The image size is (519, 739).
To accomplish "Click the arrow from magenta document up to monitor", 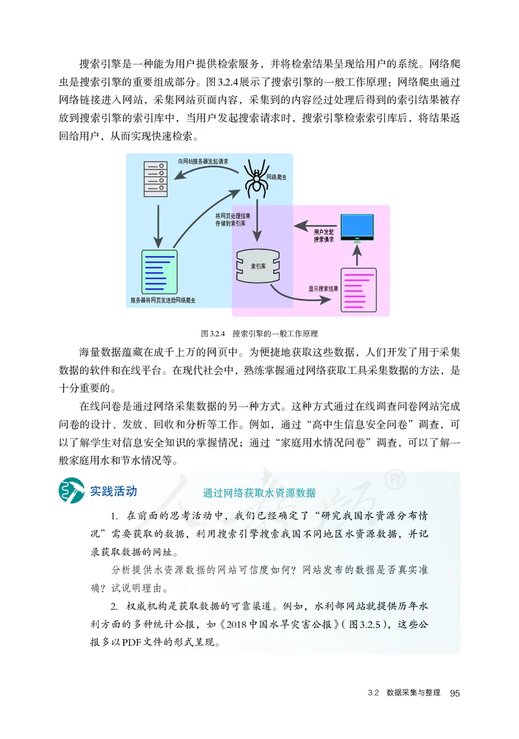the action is point(356,255).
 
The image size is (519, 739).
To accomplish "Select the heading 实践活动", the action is point(114,490).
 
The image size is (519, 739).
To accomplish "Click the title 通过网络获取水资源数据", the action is point(259,492).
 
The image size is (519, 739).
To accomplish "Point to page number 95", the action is point(454,694).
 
